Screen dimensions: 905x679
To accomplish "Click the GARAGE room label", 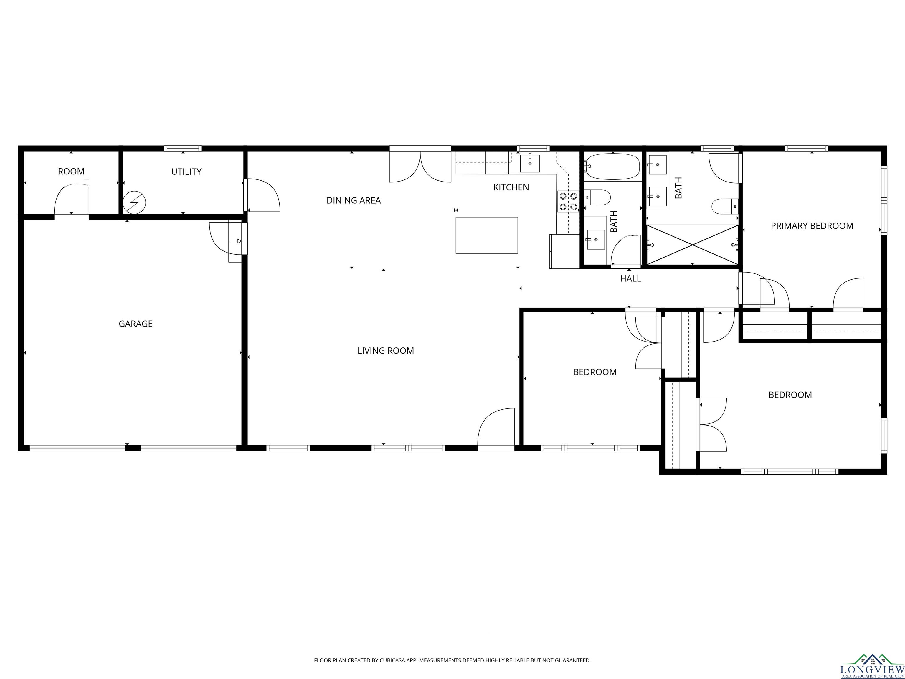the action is click(136, 324).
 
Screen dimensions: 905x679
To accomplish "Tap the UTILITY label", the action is click(186, 172).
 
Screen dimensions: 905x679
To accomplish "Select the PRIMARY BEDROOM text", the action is click(812, 225).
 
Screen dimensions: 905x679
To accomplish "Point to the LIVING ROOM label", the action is click(385, 351).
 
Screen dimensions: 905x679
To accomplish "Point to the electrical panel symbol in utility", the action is click(134, 202).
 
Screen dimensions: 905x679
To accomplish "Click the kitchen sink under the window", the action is click(530, 163).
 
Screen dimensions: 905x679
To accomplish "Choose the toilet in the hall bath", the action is click(597, 197).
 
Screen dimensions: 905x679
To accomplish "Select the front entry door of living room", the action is click(496, 427).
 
